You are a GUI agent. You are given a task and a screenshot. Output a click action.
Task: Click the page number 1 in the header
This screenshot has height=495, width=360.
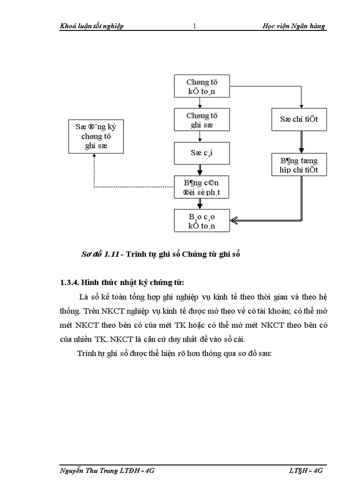tap(194, 26)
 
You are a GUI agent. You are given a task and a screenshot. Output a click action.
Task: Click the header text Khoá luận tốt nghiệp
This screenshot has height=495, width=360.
tap(92, 26)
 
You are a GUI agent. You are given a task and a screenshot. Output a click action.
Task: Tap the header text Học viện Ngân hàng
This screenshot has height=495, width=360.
tap(293, 26)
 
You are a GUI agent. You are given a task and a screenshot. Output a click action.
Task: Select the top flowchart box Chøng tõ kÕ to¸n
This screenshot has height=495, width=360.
tap(202, 86)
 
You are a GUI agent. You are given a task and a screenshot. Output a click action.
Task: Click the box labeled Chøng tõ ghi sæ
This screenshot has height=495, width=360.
tap(202, 120)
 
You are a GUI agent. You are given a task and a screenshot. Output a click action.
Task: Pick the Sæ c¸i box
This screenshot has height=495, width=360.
tap(202, 153)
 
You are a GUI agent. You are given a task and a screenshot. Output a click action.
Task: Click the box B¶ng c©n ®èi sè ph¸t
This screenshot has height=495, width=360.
tap(202, 187)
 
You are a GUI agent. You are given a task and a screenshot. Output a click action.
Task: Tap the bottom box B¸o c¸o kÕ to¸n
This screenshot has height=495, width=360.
tap(202, 220)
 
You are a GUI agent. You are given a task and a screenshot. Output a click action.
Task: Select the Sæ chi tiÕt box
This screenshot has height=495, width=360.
tap(299, 119)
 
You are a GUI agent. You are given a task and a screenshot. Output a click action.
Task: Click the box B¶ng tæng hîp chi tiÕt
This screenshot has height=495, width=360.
tap(299, 165)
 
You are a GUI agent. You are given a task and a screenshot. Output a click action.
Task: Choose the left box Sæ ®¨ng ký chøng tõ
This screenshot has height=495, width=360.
tap(96, 136)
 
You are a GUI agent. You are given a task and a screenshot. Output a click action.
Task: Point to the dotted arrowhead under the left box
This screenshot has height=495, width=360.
tap(94, 157)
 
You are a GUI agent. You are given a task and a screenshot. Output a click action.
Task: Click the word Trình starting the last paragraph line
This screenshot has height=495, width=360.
tap(86, 354)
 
